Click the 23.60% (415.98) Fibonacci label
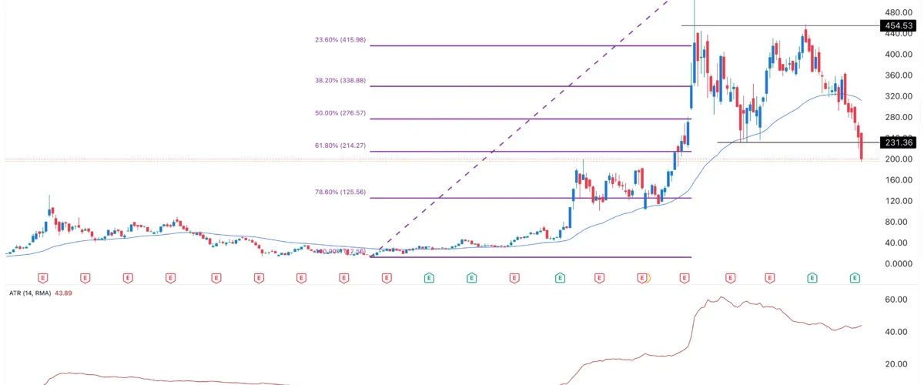pyautogui.click(x=340, y=39)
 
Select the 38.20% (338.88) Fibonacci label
pyautogui.click(x=340, y=79)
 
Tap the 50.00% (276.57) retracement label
pyautogui.click(x=340, y=112)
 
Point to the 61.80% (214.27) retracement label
pyautogui.click(x=340, y=145)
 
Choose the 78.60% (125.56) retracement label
pyautogui.click(x=340, y=192)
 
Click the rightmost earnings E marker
pyautogui.click(x=855, y=276)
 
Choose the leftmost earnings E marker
pyautogui.click(x=43, y=276)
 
